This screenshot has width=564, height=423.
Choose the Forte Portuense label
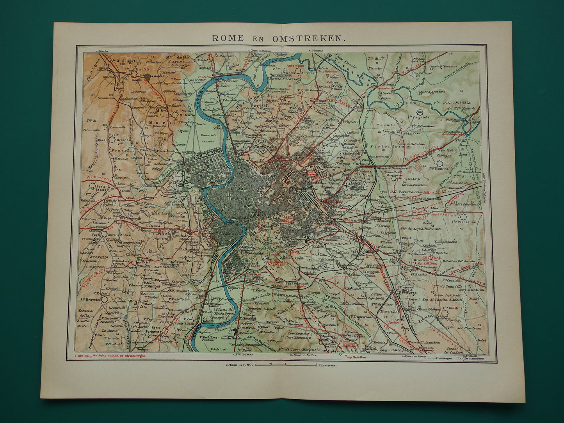pyautogui.click(x=156, y=330)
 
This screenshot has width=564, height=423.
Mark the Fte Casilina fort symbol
pyautogui.click(x=445, y=313)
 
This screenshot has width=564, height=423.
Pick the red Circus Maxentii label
pyautogui.click(x=348, y=343)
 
